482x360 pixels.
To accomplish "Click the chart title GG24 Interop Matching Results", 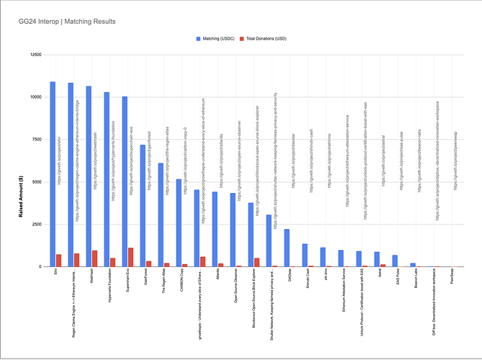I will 67,22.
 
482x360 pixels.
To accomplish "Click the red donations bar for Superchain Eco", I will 130,257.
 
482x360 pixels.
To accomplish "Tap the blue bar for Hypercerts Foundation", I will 106,179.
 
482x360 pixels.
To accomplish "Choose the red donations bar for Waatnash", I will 94,258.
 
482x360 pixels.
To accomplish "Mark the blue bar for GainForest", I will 142,206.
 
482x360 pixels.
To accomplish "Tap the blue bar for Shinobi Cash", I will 304,255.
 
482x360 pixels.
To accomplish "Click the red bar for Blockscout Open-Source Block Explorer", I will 256,262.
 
